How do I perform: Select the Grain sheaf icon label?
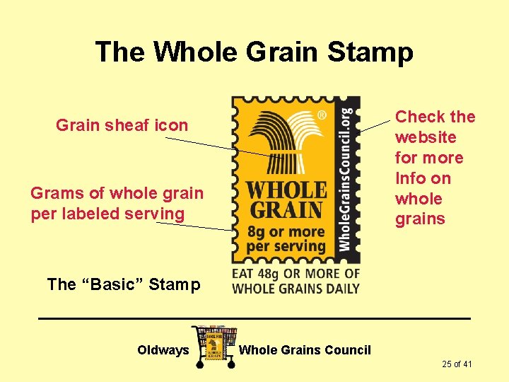122,125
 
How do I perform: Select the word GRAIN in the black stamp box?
286,210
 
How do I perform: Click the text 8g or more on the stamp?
286,231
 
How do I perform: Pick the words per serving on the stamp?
286,247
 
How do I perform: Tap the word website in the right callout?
426,137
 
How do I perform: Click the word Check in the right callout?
419,117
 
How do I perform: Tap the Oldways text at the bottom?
163,350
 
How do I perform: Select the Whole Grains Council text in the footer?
305,350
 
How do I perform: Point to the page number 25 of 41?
457,364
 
